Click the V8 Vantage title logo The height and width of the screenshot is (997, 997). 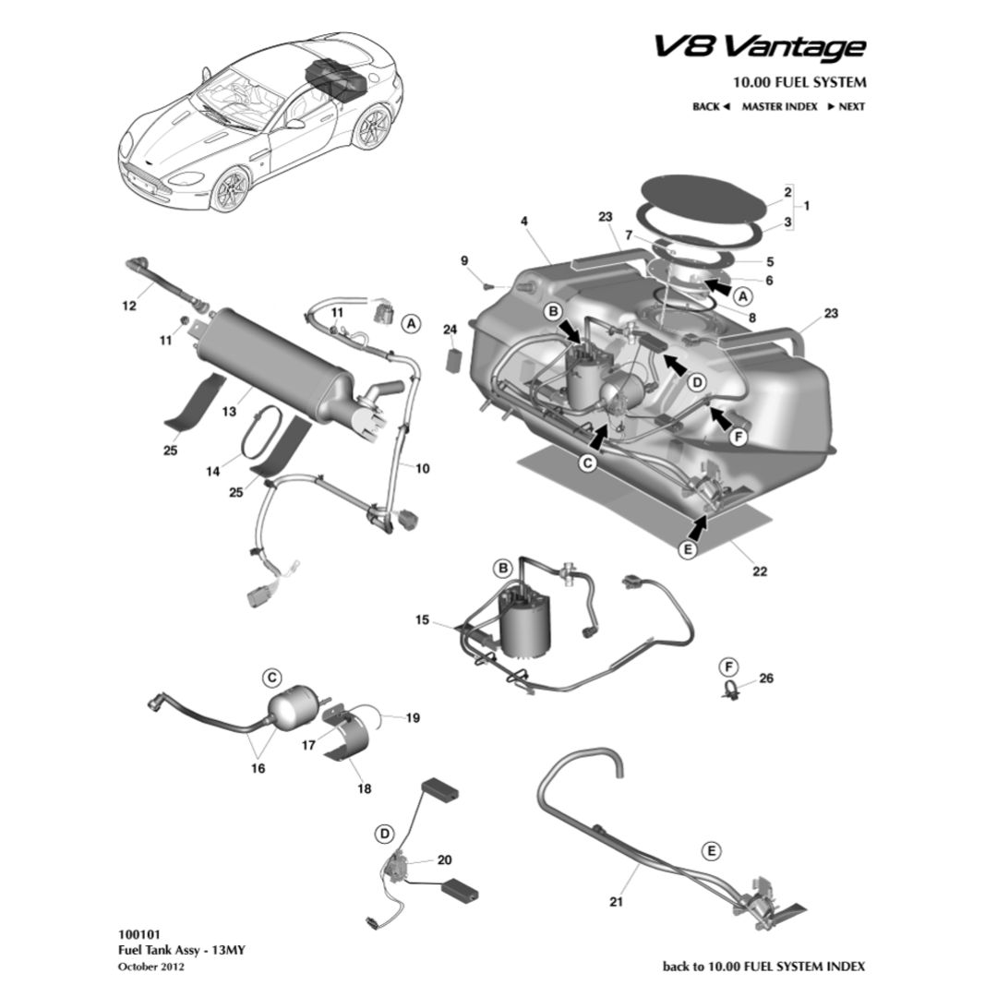coord(760,47)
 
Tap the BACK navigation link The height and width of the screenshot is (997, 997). coord(711,106)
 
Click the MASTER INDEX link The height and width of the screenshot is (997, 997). coord(779,106)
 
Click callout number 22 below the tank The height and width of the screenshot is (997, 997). coord(759,571)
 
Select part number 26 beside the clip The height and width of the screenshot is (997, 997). coord(765,679)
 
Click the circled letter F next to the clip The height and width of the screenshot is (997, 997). coord(729,667)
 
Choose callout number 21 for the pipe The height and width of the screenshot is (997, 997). coord(617,902)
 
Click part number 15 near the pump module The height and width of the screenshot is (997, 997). coord(422,620)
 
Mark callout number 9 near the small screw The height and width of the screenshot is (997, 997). coord(465,261)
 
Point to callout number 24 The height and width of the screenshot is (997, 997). coord(450,330)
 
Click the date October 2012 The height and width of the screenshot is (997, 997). coord(151,967)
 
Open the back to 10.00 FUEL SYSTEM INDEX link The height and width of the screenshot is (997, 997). coord(764,967)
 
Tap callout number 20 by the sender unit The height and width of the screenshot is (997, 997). coord(444,859)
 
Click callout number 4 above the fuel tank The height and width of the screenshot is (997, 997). coord(523,222)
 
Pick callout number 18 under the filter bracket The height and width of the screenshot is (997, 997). coord(365,789)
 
